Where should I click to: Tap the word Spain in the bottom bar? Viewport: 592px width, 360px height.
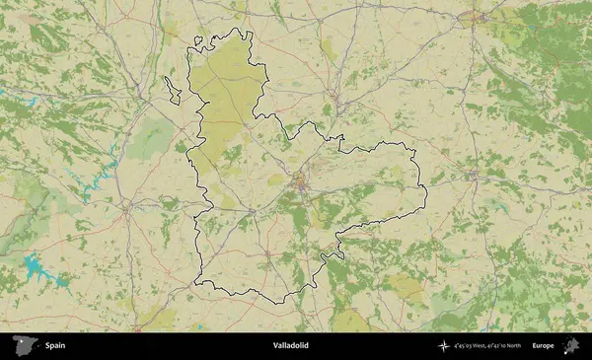(x=55, y=346)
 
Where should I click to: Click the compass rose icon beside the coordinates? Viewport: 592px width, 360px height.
(x=444, y=346)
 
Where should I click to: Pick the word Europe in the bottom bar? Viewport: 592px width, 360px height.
(x=543, y=346)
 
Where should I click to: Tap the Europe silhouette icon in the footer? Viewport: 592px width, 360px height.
(x=569, y=346)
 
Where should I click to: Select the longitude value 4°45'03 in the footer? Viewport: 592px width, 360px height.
(x=464, y=347)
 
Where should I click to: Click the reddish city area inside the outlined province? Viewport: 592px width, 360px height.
(x=300, y=181)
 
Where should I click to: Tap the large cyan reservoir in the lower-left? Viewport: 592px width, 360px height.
(x=37, y=265)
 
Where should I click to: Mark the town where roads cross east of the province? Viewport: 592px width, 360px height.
(x=474, y=177)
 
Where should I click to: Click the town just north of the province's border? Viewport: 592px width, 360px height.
(x=335, y=98)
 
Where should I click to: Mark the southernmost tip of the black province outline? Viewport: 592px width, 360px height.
(x=279, y=301)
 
